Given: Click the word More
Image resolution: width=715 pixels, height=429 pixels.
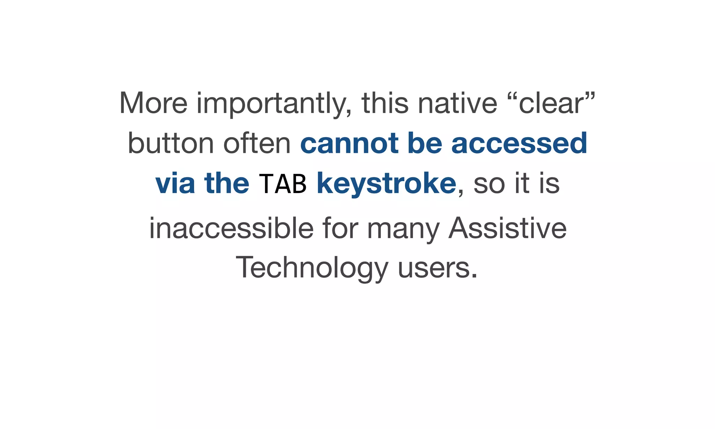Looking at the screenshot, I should click(x=153, y=103).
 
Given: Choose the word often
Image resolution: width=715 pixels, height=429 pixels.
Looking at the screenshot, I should click(x=257, y=143).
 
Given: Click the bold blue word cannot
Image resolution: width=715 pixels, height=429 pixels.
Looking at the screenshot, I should click(x=349, y=143).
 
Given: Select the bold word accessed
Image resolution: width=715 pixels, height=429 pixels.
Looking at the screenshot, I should click(x=519, y=143).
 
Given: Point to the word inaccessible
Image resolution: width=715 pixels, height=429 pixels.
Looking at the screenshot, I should click(x=231, y=228).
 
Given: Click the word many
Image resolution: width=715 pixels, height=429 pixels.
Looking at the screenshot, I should click(x=403, y=229).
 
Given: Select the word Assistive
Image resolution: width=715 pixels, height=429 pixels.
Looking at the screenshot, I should click(x=507, y=228).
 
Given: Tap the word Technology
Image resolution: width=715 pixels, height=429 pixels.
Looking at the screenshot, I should click(x=312, y=268).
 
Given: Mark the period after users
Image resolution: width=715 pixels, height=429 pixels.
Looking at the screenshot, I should click(x=474, y=276).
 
